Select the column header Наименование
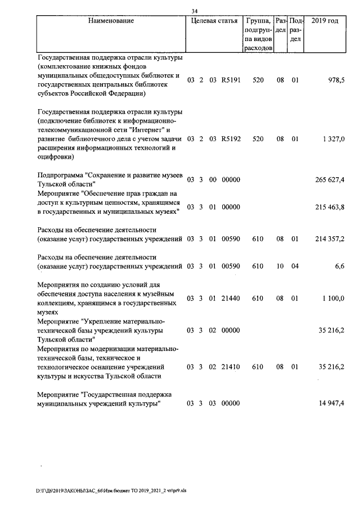coord(111,21)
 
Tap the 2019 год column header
coord(325,21)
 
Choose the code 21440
coord(231,298)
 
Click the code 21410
coord(231,367)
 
